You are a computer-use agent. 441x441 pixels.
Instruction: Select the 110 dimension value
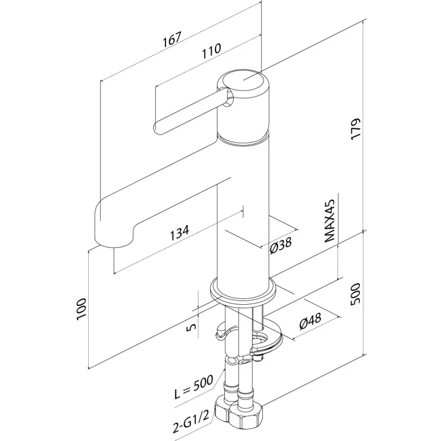click(211, 49)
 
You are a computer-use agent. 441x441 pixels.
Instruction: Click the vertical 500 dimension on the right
click(355, 293)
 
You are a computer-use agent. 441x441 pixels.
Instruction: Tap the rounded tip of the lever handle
click(159, 128)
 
